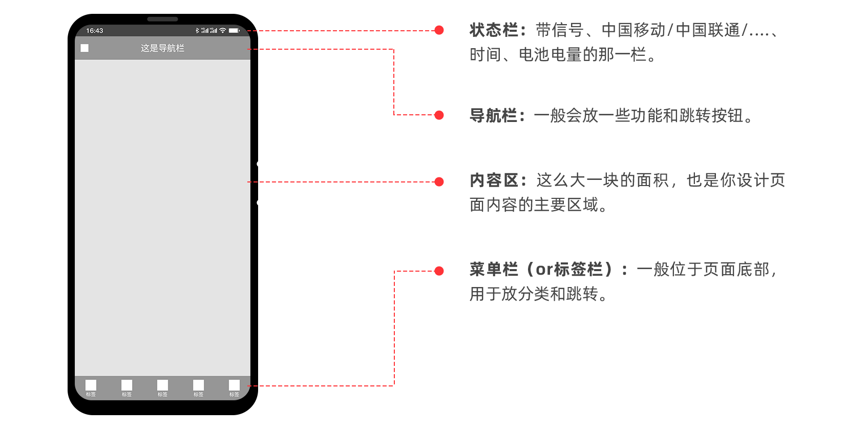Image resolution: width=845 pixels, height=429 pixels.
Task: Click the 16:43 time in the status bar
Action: click(94, 31)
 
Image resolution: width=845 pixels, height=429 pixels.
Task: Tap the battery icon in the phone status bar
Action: click(234, 31)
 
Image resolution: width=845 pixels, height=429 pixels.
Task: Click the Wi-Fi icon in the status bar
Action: click(223, 31)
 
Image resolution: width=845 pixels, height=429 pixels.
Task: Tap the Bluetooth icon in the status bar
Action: click(197, 31)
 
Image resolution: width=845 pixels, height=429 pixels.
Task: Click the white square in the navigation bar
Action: click(84, 48)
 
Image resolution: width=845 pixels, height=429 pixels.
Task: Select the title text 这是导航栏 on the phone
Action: click(162, 48)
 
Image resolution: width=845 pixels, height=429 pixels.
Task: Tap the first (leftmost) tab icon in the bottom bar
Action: click(91, 385)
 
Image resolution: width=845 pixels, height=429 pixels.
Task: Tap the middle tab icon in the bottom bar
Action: click(162, 385)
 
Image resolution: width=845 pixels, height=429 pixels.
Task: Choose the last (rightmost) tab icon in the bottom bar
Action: click(234, 385)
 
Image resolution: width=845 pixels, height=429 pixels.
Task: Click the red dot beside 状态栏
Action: click(439, 30)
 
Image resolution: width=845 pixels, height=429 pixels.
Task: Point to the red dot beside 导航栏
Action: click(439, 115)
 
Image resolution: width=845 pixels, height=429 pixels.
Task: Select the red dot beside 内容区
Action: click(439, 181)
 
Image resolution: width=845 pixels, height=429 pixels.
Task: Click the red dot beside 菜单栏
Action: click(439, 271)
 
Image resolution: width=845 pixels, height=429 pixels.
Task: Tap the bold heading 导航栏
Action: click(493, 115)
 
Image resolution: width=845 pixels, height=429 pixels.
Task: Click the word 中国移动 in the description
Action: click(633, 30)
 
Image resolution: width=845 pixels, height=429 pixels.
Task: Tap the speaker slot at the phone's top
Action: click(162, 19)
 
